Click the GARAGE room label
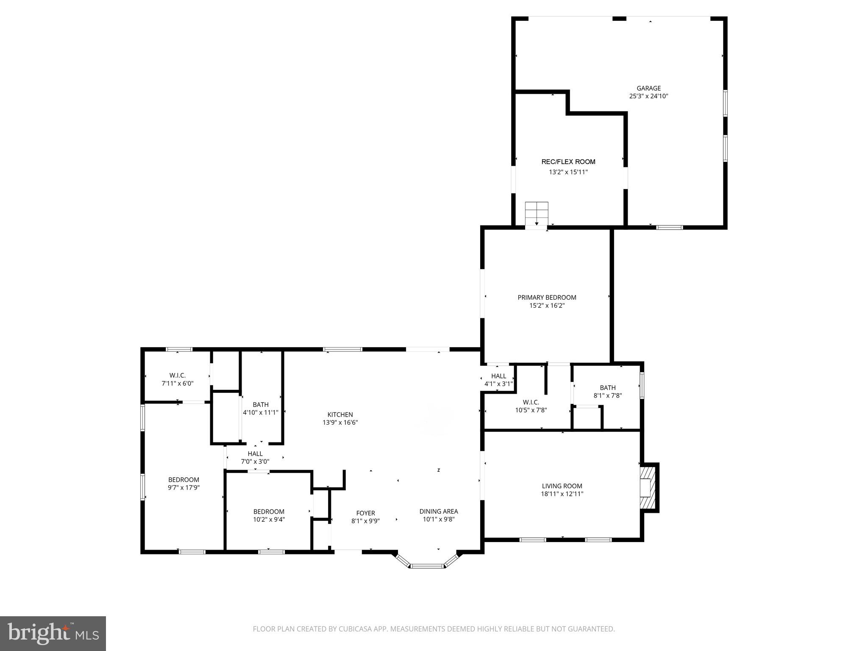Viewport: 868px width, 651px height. pyautogui.click(x=648, y=88)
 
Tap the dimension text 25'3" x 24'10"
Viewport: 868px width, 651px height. pyautogui.click(x=648, y=96)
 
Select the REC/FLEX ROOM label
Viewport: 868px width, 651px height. pyautogui.click(x=568, y=161)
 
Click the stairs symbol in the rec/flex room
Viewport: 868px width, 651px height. pyautogui.click(x=537, y=214)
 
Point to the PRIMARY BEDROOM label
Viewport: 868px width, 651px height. pyautogui.click(x=547, y=298)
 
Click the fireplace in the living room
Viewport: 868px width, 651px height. pyautogui.click(x=648, y=487)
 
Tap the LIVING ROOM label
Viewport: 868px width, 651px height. pyautogui.click(x=562, y=486)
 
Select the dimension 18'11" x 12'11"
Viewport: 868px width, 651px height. pyautogui.click(x=562, y=494)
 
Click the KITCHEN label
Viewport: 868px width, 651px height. pyautogui.click(x=340, y=415)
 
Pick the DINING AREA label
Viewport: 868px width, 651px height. pyautogui.click(x=439, y=512)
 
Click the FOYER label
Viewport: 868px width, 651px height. pyautogui.click(x=365, y=513)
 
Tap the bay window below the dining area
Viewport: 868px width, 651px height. pyautogui.click(x=427, y=565)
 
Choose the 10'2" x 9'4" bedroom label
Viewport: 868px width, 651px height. pyautogui.click(x=269, y=512)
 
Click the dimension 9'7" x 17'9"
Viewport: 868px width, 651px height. pyautogui.click(x=184, y=488)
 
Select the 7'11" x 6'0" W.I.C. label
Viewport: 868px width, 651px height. pyautogui.click(x=177, y=376)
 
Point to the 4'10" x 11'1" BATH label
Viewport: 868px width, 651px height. pyautogui.click(x=260, y=405)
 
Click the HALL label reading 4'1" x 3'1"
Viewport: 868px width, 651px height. pyautogui.click(x=498, y=376)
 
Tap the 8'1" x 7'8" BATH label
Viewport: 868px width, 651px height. pyautogui.click(x=607, y=388)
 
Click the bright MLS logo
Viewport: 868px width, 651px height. pyautogui.click(x=53, y=633)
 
